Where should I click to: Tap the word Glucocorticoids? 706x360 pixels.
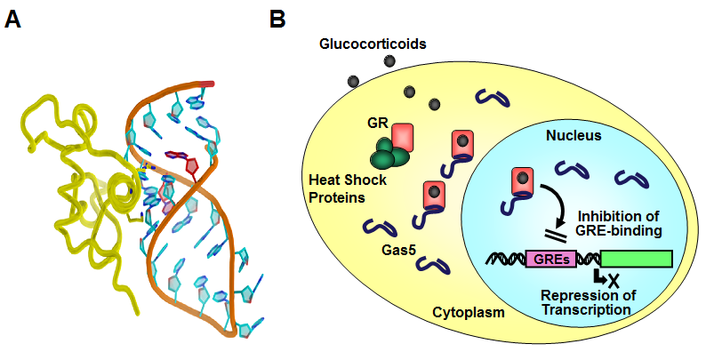pyautogui.click(x=362, y=43)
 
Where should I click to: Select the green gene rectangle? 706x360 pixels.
pyautogui.click(x=637, y=260)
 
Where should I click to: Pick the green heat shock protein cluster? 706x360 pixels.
pyautogui.click(x=389, y=152)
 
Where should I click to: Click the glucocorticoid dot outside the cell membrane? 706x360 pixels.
pyautogui.click(x=389, y=60)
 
